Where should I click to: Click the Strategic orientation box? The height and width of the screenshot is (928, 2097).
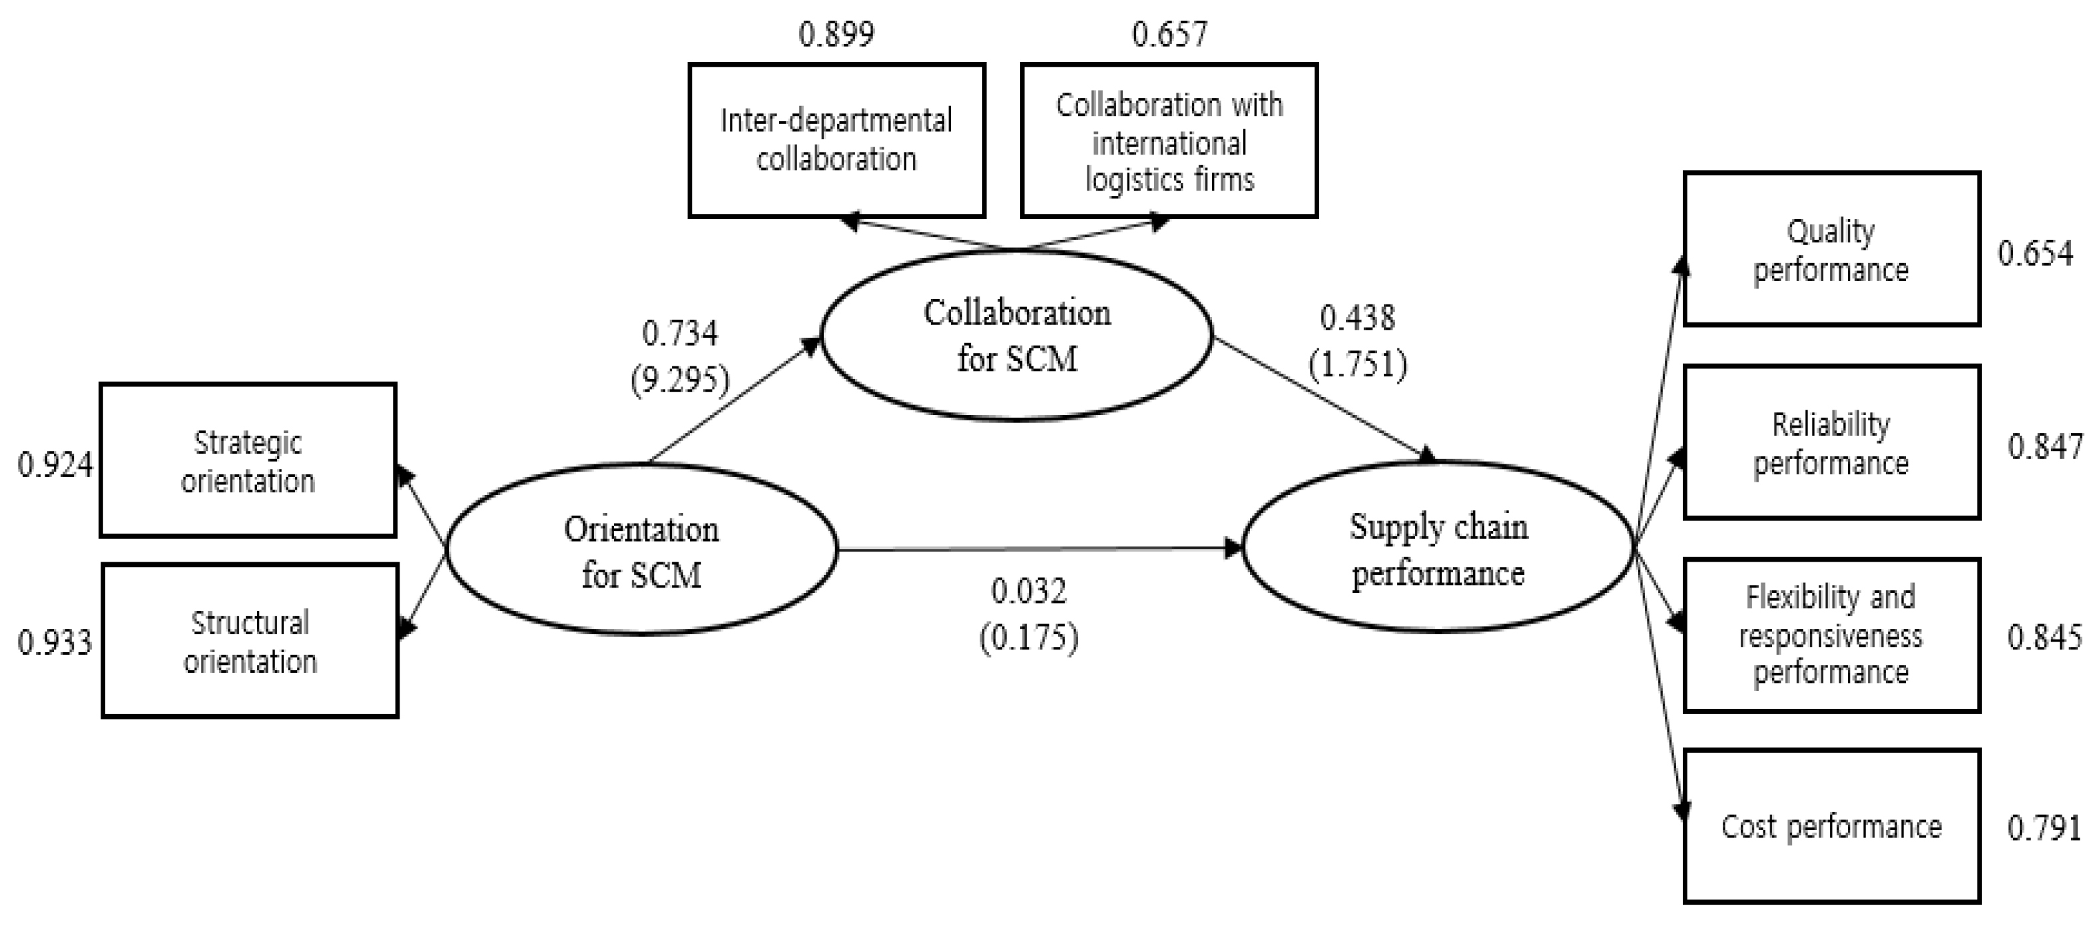248,461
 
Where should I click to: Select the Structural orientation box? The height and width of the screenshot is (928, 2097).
250,641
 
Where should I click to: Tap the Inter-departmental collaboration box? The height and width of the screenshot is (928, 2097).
837,140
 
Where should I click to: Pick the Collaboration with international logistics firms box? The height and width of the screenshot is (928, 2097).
1169,140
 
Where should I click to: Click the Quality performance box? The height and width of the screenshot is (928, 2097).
1831,249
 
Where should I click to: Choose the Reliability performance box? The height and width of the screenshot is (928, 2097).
1831,442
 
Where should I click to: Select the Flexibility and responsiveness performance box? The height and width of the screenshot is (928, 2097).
1831,635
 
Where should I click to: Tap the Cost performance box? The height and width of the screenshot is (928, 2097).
1831,826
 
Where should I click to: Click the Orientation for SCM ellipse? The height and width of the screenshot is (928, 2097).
641,550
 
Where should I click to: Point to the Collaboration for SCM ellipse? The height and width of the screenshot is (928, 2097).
1017,335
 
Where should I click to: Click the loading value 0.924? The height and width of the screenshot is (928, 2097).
55,465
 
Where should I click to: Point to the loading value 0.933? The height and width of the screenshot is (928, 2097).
55,642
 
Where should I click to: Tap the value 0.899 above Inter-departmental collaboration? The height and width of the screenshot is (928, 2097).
836,33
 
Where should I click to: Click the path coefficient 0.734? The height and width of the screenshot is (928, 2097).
680,332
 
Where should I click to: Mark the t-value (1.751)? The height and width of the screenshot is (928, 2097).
1358,364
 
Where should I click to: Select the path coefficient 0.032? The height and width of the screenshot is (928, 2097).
1028,590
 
